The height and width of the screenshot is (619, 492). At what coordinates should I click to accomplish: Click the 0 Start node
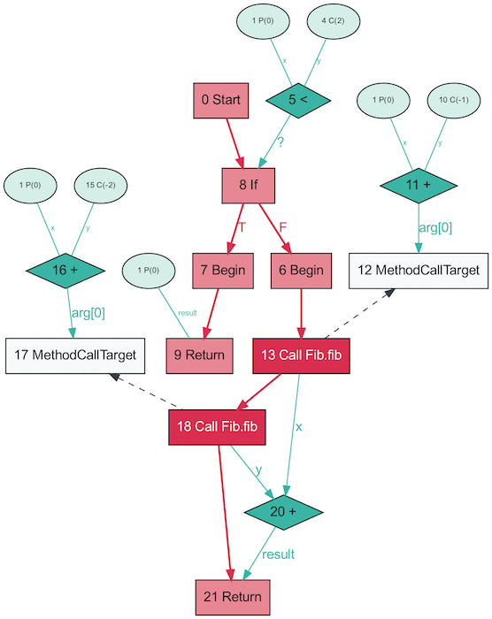(221, 100)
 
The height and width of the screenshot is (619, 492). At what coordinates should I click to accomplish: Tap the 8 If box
(249, 185)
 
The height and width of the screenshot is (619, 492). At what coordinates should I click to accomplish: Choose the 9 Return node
(199, 355)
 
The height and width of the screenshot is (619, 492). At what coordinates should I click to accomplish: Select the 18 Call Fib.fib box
(219, 426)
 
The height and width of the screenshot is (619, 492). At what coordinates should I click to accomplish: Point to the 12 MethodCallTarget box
(419, 270)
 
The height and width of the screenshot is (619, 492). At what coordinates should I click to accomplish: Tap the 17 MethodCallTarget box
(74, 355)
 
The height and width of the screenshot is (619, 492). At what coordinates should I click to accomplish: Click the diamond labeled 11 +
(419, 185)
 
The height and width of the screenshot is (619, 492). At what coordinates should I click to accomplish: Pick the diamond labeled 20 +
(283, 512)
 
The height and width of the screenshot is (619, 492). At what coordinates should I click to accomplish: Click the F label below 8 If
(283, 227)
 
